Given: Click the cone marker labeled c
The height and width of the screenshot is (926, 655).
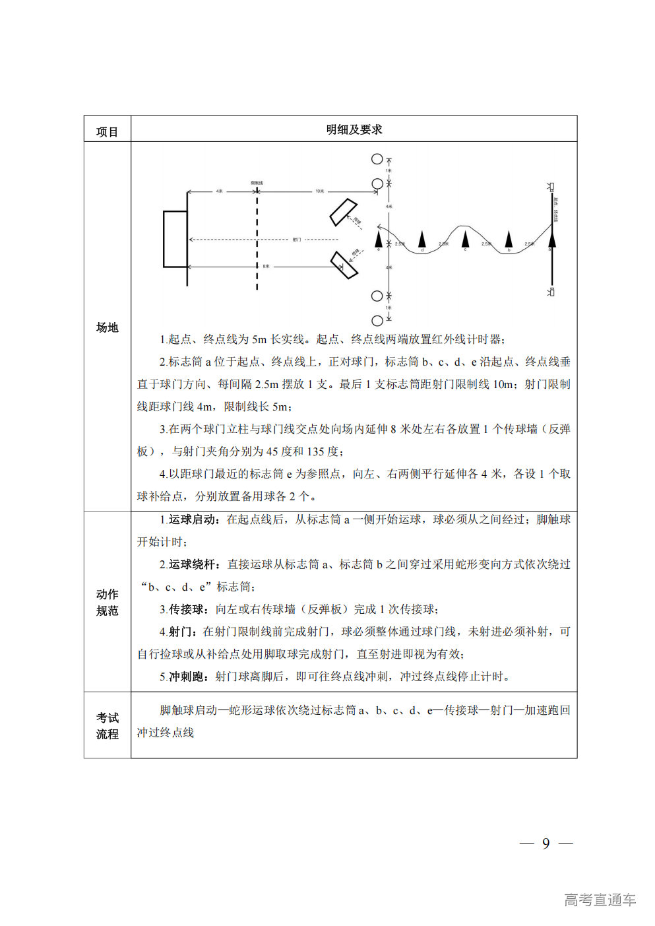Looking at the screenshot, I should click(465, 238).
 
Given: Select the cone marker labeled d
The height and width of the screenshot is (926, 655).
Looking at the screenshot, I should click(422, 239).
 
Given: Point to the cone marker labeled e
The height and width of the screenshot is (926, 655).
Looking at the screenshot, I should click(379, 238).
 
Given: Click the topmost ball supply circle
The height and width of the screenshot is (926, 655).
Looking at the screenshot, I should click(377, 159).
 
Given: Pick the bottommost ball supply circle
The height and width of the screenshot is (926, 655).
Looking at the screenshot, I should click(377, 321).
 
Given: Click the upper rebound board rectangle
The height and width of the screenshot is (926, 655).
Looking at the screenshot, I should click(344, 212).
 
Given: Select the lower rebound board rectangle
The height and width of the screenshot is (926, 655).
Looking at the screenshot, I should click(344, 265).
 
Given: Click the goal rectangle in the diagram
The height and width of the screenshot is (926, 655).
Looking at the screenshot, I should click(175, 239).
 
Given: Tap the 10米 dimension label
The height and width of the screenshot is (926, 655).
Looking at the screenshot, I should click(320, 191).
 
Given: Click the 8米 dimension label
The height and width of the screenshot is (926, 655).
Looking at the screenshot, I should click(266, 267).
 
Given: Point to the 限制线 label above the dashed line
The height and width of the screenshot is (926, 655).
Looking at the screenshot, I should click(257, 183).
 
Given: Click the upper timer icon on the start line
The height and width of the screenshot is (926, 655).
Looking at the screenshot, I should click(551, 187).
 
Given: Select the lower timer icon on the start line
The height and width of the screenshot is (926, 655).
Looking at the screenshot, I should click(551, 292).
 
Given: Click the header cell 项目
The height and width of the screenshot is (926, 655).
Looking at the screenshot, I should click(107, 132).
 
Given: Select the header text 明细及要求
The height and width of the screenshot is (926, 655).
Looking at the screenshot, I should click(354, 129).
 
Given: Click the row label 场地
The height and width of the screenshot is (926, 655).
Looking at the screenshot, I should click(107, 327).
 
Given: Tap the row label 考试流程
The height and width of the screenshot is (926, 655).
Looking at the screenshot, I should click(107, 725).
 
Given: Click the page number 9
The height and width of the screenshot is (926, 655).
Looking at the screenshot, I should click(546, 843).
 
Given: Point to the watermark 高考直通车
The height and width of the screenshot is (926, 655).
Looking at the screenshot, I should click(600, 900).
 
